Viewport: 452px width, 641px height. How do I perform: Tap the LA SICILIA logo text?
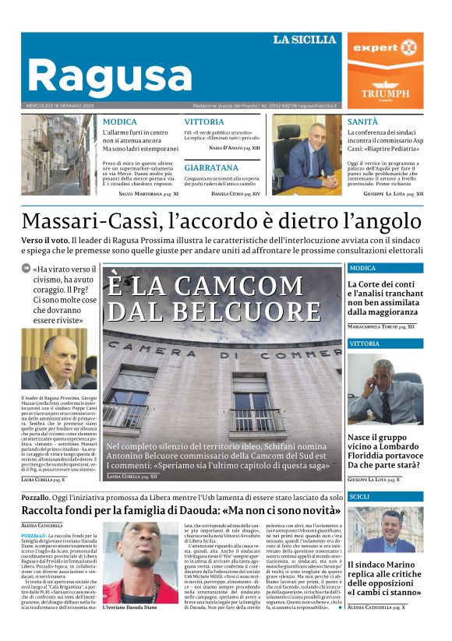click(x=305, y=40)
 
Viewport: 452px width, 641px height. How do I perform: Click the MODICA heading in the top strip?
click(x=119, y=122)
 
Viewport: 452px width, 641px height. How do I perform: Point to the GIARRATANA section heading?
click(x=211, y=167)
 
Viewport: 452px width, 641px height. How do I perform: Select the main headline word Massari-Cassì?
click(x=93, y=223)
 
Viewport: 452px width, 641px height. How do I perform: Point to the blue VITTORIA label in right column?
click(x=365, y=343)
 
